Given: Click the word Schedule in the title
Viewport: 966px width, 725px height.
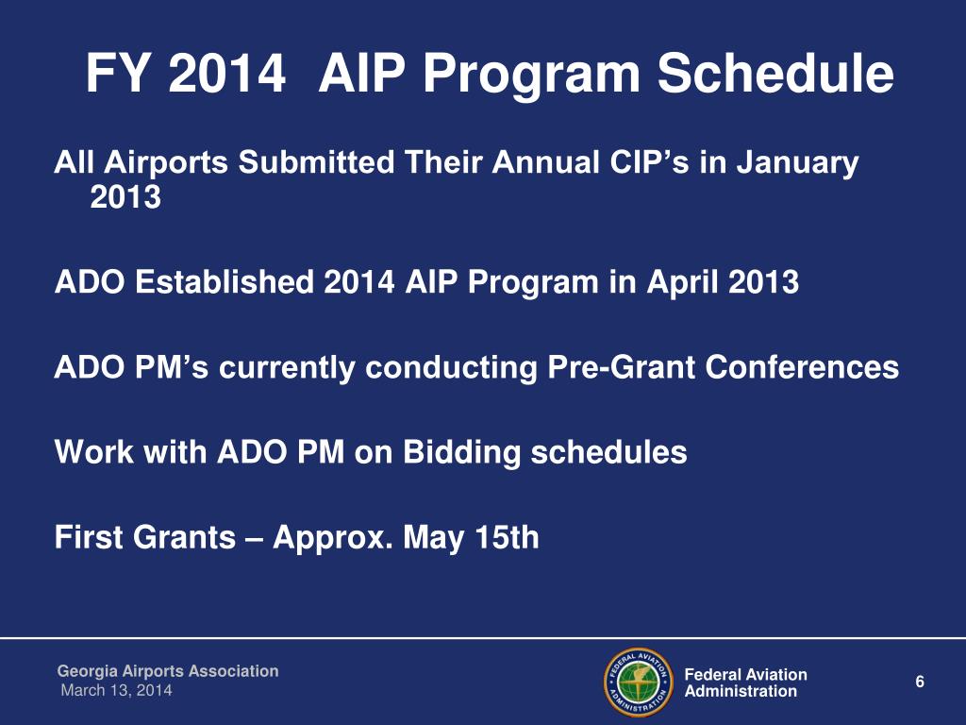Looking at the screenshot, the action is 775,73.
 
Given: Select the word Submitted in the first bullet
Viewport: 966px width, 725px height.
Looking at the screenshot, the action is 316,162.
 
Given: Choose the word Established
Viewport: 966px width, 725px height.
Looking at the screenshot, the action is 225,281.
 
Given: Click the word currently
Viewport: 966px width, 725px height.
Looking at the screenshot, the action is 287,368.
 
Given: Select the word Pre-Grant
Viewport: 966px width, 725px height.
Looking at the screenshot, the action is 622,368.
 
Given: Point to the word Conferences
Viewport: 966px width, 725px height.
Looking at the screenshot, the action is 802,367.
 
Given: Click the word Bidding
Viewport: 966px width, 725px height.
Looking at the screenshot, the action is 462,453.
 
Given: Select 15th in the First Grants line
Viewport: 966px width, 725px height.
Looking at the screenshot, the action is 508,537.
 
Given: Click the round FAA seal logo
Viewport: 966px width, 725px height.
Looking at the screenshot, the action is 639,682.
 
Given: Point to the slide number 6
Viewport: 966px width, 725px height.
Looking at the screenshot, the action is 920,682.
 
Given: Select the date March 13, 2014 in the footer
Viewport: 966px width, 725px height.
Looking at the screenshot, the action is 116,690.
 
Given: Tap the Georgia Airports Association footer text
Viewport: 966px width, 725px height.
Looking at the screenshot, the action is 168,671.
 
